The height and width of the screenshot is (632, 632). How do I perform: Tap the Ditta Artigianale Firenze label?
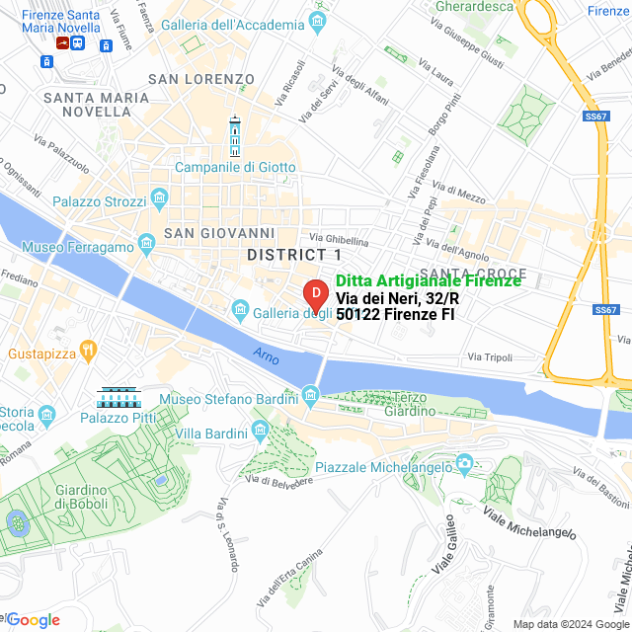coord(428,281)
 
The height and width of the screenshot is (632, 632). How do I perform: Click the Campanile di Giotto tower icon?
coord(235,137)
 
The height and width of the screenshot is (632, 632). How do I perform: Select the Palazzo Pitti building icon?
coord(118,399)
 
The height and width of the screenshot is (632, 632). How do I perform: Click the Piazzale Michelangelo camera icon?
coord(464,463)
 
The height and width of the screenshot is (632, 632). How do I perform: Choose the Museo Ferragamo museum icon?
coord(147,242)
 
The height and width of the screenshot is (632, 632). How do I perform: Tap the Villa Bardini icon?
coord(261,430)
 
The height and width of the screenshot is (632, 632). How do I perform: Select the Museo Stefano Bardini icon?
coord(310,396)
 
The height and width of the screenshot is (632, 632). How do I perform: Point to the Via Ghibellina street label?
coord(339,240)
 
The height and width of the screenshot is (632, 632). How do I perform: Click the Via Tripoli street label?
coord(490,356)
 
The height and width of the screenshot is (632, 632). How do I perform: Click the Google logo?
coord(33,620)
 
